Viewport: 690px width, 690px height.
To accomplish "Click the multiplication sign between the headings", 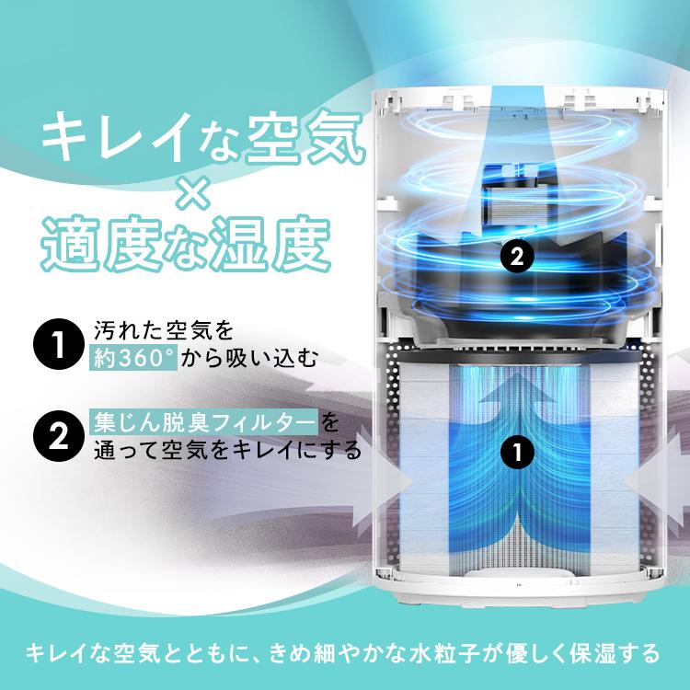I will coord(183,191).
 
